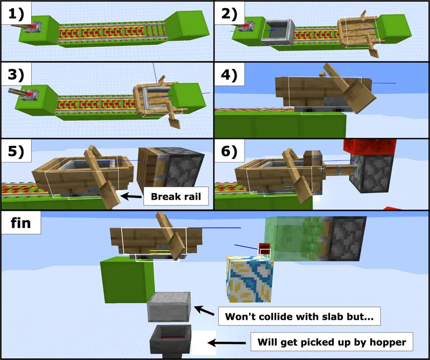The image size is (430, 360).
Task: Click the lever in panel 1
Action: click(x=36, y=27)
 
